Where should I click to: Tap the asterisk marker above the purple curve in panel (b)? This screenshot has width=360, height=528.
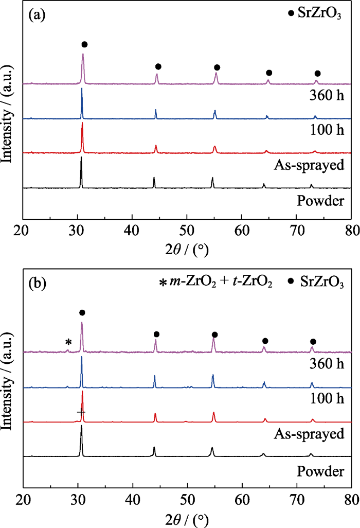(68, 343)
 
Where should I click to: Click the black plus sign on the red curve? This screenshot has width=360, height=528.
(81, 412)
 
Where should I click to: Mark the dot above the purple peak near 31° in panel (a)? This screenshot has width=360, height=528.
(84, 45)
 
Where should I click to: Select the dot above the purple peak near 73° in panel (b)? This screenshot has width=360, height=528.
(313, 342)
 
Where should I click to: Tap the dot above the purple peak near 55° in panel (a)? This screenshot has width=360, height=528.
(217, 67)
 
